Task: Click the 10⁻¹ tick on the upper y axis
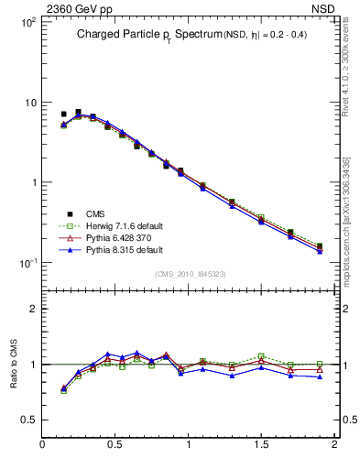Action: tap(26, 263)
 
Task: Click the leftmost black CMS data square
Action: tap(63, 115)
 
